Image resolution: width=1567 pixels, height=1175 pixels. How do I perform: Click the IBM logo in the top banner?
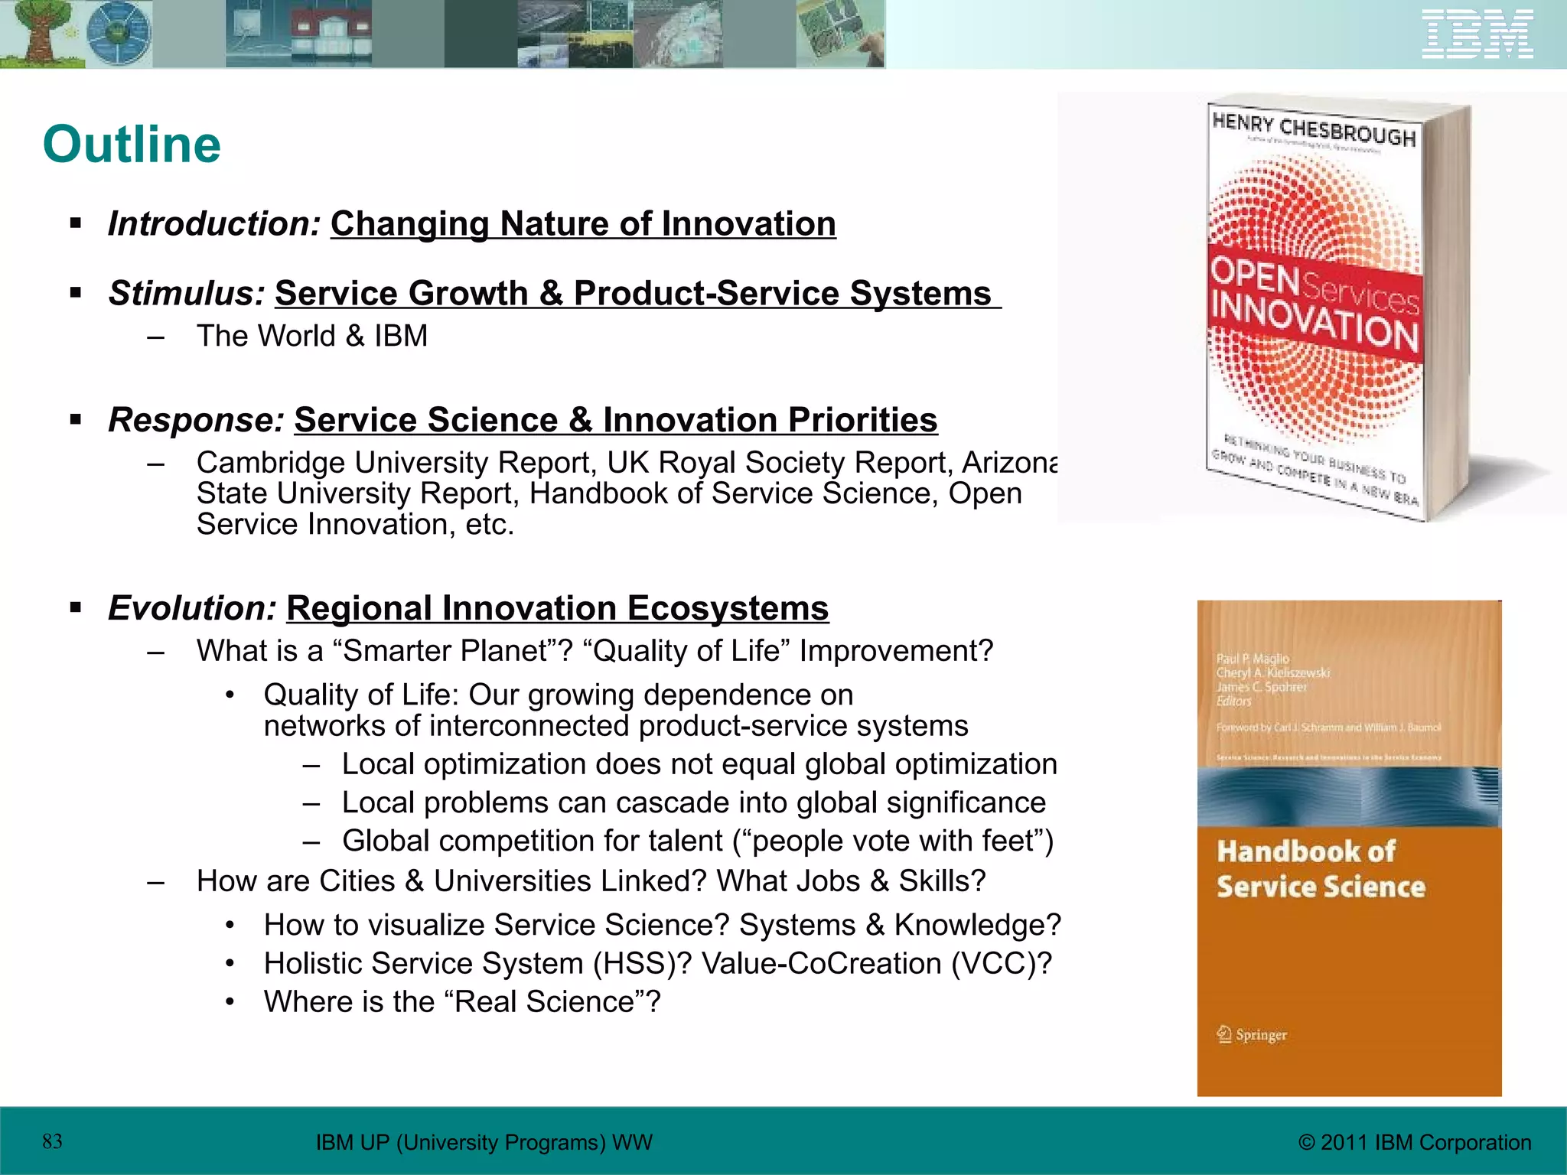click(x=1477, y=34)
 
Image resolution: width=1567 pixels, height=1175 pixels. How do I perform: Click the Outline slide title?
click(x=132, y=145)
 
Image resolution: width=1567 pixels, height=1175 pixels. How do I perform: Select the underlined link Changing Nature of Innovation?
click(x=583, y=224)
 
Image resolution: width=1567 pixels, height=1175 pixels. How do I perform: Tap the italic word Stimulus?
click(x=187, y=294)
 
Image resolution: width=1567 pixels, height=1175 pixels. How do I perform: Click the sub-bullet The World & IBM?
click(x=311, y=337)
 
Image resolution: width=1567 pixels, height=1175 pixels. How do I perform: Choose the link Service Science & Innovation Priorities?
click(x=615, y=420)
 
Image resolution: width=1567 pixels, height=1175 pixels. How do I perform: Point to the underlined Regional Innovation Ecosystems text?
click(x=557, y=609)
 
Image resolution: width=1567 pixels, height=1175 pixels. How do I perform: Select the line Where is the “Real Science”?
click(x=461, y=1002)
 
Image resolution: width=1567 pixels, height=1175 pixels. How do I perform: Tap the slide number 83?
click(x=52, y=1142)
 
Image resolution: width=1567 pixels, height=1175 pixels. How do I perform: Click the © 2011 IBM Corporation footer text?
click(x=1415, y=1143)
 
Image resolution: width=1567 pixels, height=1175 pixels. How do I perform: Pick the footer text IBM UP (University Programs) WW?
click(x=484, y=1143)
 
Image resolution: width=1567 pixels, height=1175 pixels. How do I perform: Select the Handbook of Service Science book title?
click(x=1321, y=869)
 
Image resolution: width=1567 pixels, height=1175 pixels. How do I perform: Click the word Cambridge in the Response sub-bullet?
click(x=271, y=463)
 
